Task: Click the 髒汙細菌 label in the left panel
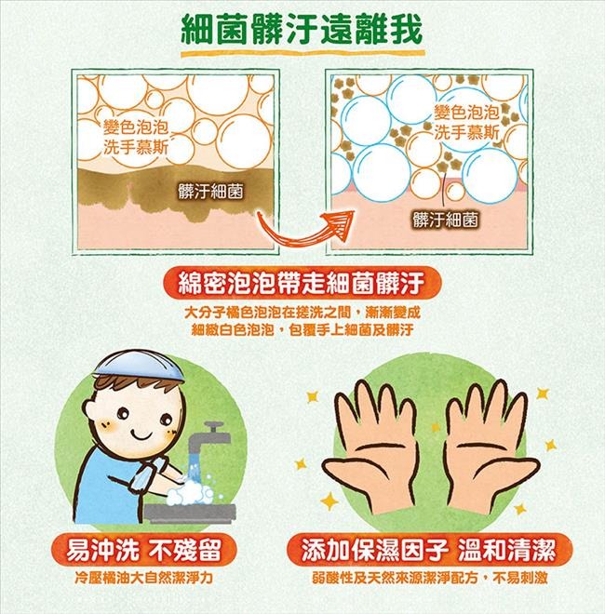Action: point(210,192)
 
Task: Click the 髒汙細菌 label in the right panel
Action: point(445,220)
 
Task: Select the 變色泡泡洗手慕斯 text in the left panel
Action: point(136,137)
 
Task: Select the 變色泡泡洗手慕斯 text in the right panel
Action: point(466,122)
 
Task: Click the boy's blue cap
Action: point(140,367)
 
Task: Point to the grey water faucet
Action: point(208,438)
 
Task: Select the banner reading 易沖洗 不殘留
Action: point(143,549)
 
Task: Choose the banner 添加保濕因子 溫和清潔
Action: point(429,549)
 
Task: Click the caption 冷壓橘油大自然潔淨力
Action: point(143,578)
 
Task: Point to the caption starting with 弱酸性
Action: point(430,578)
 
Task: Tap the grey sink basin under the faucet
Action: point(190,513)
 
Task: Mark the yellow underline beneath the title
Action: point(302,53)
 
